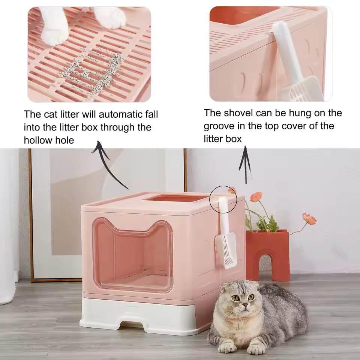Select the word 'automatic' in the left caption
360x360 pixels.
[x=121, y=114]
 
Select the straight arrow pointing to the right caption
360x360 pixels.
[x=245, y=165]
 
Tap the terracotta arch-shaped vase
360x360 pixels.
[x=267, y=255]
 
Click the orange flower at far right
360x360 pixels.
[x=309, y=218]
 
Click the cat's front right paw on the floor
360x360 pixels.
[x=256, y=349]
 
